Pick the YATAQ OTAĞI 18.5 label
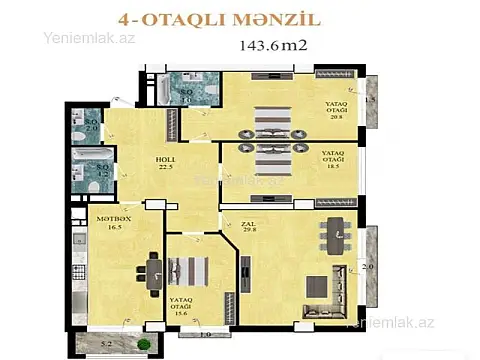click(334, 157)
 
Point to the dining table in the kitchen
click(153, 269)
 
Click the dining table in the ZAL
click(332, 237)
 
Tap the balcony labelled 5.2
click(106, 346)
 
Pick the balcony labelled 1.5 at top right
click(370, 99)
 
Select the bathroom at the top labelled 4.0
click(186, 91)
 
